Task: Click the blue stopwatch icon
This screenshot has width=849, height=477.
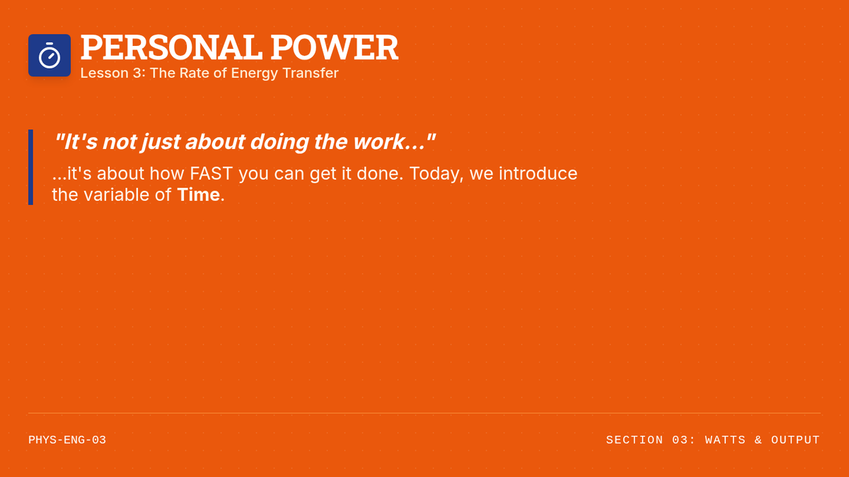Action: [50, 55]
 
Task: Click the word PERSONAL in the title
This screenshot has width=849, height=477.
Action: [171, 47]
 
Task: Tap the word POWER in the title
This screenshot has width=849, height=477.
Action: [334, 47]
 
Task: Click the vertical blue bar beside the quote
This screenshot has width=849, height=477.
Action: [30, 167]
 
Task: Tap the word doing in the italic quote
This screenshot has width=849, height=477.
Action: [279, 142]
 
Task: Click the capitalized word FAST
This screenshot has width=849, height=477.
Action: [211, 173]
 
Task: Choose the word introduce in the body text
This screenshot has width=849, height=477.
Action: [538, 173]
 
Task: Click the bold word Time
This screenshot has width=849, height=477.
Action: [198, 194]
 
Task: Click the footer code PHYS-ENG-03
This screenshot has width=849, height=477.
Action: [67, 440]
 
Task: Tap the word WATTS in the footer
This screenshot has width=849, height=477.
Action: [725, 440]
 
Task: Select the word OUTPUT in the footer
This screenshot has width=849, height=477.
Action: [795, 440]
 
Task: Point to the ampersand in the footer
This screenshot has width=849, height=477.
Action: [758, 440]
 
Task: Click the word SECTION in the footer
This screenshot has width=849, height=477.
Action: [635, 440]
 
